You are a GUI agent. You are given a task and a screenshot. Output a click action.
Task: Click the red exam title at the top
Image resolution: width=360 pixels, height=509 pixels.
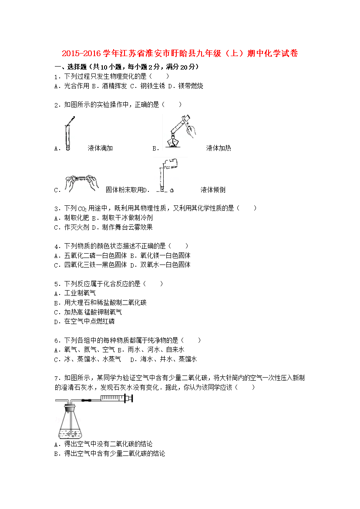[180, 54]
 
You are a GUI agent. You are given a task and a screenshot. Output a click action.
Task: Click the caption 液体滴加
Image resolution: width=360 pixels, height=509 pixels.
[100, 148]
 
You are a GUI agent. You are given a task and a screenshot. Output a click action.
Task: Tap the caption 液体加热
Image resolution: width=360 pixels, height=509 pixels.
[219, 148]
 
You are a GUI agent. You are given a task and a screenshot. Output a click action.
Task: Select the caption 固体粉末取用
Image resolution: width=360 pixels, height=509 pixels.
[124, 190]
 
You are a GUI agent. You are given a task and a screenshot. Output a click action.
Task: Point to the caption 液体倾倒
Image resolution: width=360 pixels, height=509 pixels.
[213, 190]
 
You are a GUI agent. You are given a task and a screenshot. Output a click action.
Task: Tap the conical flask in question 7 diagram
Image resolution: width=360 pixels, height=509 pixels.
[69, 422]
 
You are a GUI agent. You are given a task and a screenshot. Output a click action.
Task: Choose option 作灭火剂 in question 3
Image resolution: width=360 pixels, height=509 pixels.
[76, 227]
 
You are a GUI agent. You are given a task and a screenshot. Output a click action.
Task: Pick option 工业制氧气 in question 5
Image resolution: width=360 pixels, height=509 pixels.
[80, 293]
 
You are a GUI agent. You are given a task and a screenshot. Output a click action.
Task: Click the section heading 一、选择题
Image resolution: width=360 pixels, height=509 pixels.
[70, 67]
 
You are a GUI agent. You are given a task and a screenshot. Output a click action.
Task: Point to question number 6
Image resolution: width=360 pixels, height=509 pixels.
[57, 341]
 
